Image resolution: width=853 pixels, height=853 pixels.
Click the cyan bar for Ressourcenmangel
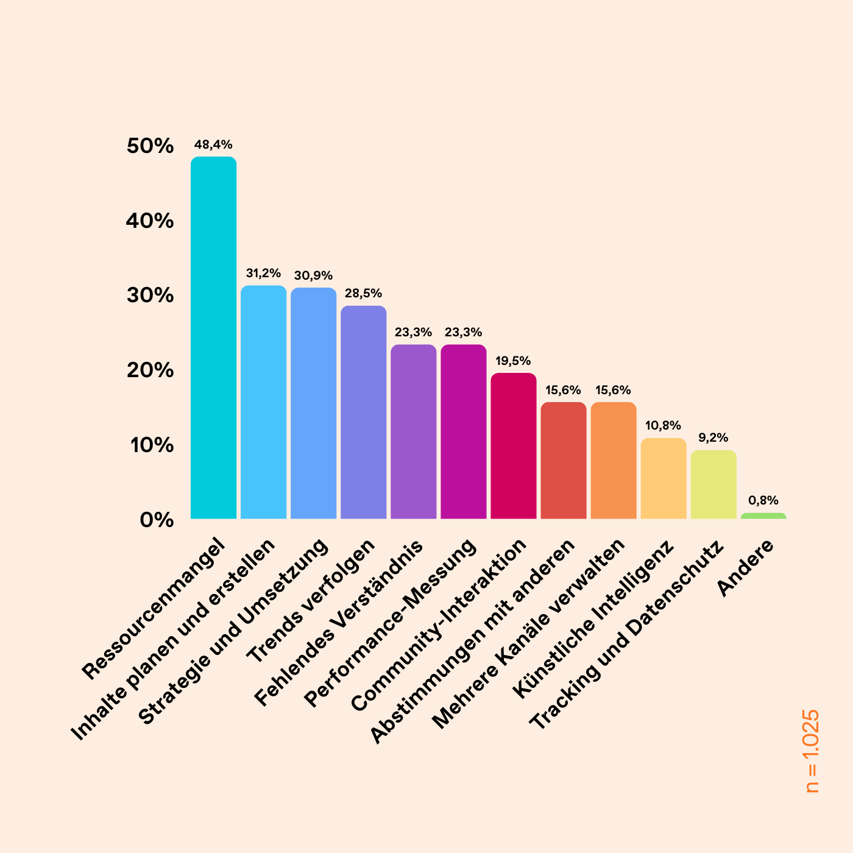(x=213, y=338)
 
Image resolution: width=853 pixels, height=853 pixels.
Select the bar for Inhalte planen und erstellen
(x=263, y=402)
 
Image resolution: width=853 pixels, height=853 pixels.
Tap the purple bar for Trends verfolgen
(x=363, y=412)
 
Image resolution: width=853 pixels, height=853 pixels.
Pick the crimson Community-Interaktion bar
(x=513, y=446)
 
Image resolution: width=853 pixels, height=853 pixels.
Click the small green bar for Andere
(x=763, y=516)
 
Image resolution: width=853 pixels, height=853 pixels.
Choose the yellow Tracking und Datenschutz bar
(x=713, y=485)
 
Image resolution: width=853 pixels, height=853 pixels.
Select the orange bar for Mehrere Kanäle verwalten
(x=613, y=461)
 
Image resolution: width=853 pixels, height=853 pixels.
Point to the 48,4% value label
(x=213, y=145)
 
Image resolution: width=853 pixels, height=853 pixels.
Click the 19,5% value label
(x=513, y=361)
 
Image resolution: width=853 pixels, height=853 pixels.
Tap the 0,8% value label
(x=763, y=501)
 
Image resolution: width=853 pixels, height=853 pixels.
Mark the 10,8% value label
(x=663, y=426)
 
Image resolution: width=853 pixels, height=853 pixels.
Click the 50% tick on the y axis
(x=150, y=146)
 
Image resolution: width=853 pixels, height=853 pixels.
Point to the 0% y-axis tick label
(x=157, y=520)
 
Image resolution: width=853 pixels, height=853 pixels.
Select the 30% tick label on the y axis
(x=150, y=296)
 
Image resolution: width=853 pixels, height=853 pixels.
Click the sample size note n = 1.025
(x=812, y=751)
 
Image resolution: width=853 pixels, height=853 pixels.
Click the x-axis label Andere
(x=746, y=568)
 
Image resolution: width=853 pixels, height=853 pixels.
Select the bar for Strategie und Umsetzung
(x=313, y=403)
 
